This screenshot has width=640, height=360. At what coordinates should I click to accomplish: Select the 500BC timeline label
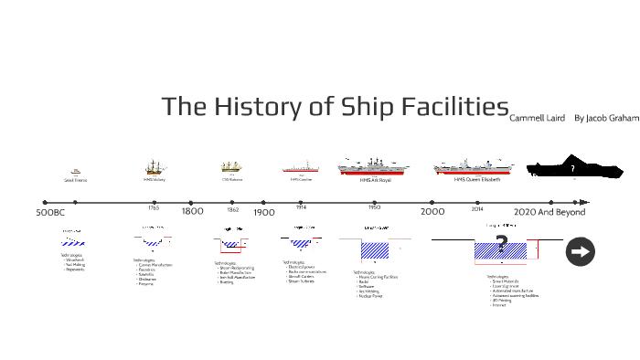click(x=50, y=213)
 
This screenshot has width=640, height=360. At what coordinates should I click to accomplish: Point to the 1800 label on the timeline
click(x=192, y=212)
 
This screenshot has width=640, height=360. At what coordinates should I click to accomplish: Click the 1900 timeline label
click(x=263, y=212)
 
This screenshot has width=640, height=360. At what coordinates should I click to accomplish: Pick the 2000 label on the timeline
click(x=432, y=212)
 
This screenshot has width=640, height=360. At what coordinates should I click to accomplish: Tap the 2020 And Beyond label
click(x=549, y=212)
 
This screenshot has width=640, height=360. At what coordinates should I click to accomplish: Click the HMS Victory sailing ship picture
click(x=154, y=167)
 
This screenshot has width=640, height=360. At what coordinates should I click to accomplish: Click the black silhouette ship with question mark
click(x=573, y=170)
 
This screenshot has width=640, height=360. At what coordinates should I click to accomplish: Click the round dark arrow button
click(x=581, y=251)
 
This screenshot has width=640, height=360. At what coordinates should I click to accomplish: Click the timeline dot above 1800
click(x=190, y=202)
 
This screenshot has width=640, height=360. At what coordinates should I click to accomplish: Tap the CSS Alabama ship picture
click(x=231, y=167)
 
